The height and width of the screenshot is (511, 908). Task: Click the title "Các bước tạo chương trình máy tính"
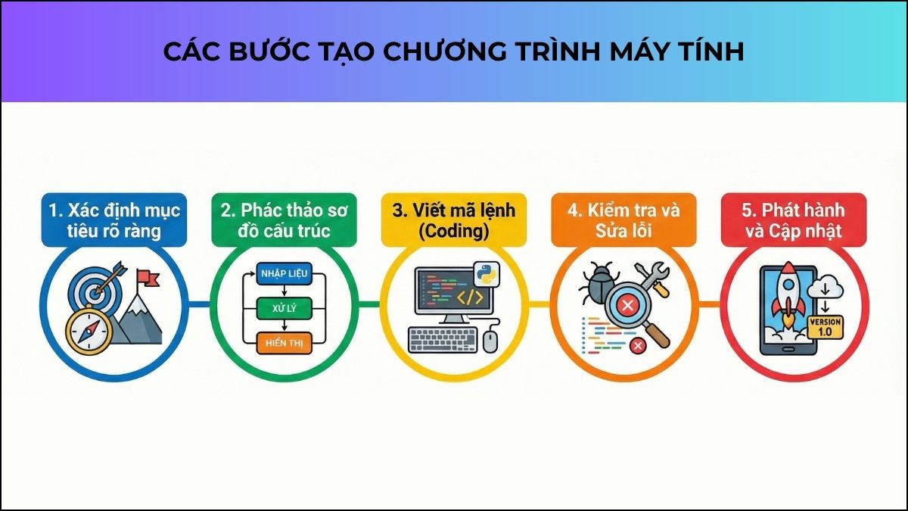point(454,51)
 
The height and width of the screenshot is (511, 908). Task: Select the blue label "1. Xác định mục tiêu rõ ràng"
point(113,220)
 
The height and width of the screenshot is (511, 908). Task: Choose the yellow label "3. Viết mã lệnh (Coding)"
point(455,220)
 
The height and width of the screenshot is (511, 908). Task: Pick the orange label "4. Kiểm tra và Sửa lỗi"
point(625,220)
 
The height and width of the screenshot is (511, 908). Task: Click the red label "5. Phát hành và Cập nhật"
point(794,220)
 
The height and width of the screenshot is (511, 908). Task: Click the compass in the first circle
point(89,331)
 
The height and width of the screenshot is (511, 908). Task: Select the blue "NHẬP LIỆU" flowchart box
point(283,274)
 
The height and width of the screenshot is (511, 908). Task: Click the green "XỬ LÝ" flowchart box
point(283,307)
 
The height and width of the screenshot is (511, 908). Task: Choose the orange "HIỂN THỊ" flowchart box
point(283,342)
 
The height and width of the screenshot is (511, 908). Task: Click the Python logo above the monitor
point(484,274)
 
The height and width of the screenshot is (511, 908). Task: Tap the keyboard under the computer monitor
point(444,339)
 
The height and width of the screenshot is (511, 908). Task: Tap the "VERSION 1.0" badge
point(825,327)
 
